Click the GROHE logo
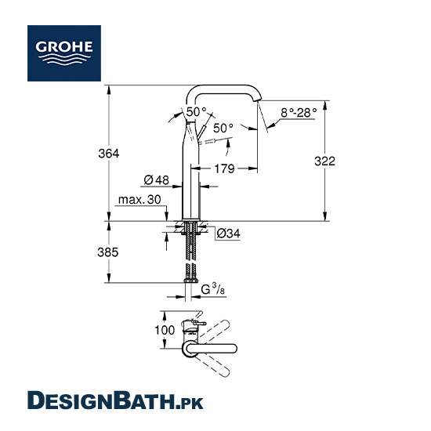pos(64,53)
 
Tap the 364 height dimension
pos(109,154)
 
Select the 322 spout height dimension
pos(325,161)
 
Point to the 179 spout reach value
pos(224,168)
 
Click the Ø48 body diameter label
pos(157,180)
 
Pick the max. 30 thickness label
pos(139,200)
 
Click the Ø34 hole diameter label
pos(228,234)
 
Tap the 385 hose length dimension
pos(108,252)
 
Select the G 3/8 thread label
pos(213,289)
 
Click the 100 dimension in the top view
pos(165,330)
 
